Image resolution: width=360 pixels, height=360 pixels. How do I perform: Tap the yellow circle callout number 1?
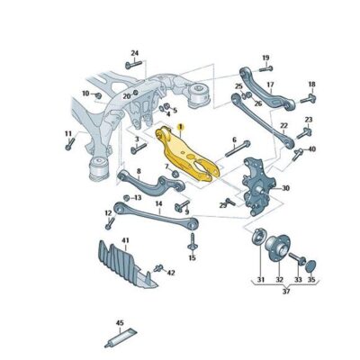click(180, 130)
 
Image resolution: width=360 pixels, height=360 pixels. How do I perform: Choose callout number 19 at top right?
click(265, 58)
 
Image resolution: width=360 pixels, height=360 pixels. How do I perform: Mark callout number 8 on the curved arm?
click(138, 171)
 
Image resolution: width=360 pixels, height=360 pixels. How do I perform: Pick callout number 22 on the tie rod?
click(283, 126)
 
